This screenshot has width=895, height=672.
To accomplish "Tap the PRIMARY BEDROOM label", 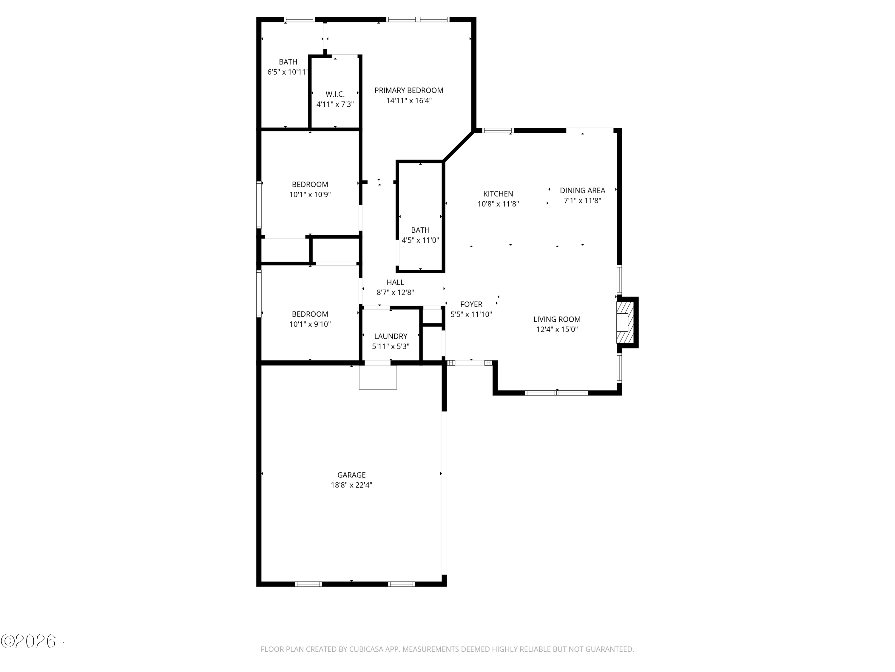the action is pos(409,90).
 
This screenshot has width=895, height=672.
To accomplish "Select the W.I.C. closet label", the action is pos(335,94).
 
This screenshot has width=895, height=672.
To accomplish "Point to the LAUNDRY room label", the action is pos(391,336).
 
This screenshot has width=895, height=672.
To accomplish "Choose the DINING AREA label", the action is pos(582,190).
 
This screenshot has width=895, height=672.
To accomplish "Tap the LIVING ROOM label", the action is pos(557,319).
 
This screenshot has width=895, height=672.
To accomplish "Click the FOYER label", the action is pos(471,304).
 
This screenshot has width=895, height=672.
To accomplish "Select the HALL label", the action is pos(395,282).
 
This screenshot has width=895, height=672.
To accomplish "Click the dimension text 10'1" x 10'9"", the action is pos(310,194).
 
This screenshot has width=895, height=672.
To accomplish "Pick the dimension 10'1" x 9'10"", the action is pos(310,324).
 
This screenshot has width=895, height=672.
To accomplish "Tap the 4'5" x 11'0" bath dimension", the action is pos(420,240).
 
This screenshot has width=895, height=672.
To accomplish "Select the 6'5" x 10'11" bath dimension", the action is pos(288,72).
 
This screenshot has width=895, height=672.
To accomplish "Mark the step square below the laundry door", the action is pos(378,377).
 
